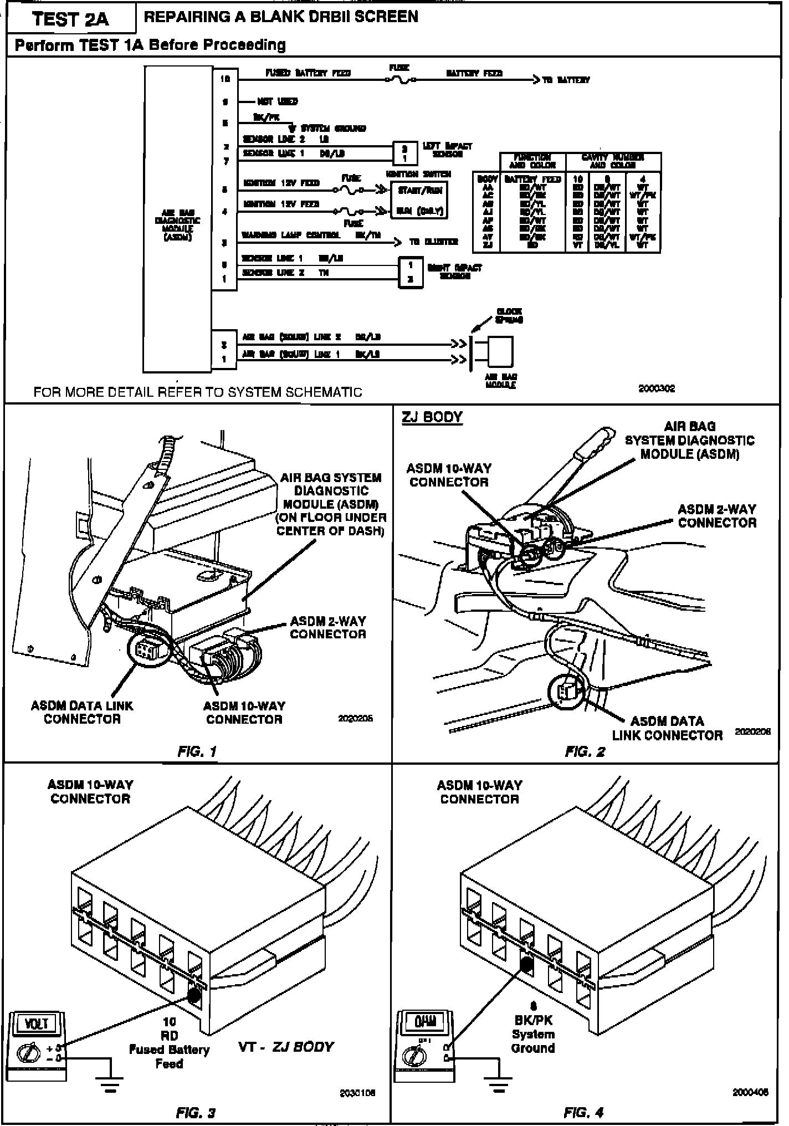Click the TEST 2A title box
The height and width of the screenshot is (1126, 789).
click(x=70, y=19)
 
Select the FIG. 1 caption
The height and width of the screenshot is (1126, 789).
click(x=197, y=751)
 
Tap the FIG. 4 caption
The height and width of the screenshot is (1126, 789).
click(x=583, y=1112)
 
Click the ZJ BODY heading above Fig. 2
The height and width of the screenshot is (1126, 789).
click(x=432, y=417)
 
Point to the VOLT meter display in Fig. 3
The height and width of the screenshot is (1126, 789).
click(x=37, y=1023)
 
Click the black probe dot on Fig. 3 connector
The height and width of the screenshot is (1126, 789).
click(x=194, y=994)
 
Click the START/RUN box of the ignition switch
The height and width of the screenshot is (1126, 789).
click(x=419, y=191)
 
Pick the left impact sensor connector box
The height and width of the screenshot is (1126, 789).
click(x=405, y=153)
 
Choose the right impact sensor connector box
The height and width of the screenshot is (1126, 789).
click(x=411, y=272)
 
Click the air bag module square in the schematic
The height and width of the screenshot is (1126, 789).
click(x=500, y=351)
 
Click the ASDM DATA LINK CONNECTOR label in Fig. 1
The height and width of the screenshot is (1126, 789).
click(x=82, y=712)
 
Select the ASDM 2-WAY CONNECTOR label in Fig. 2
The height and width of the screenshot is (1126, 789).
click(x=717, y=516)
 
